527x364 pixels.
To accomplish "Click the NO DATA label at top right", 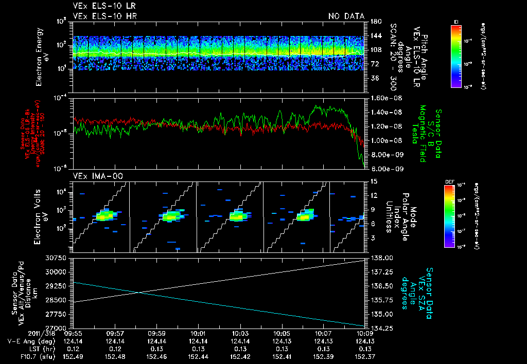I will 346,16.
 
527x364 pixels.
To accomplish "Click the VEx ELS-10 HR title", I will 97,16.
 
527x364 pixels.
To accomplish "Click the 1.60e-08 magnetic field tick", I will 382,98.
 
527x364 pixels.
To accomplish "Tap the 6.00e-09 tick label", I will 382,169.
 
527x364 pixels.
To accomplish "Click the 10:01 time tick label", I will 198,334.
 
